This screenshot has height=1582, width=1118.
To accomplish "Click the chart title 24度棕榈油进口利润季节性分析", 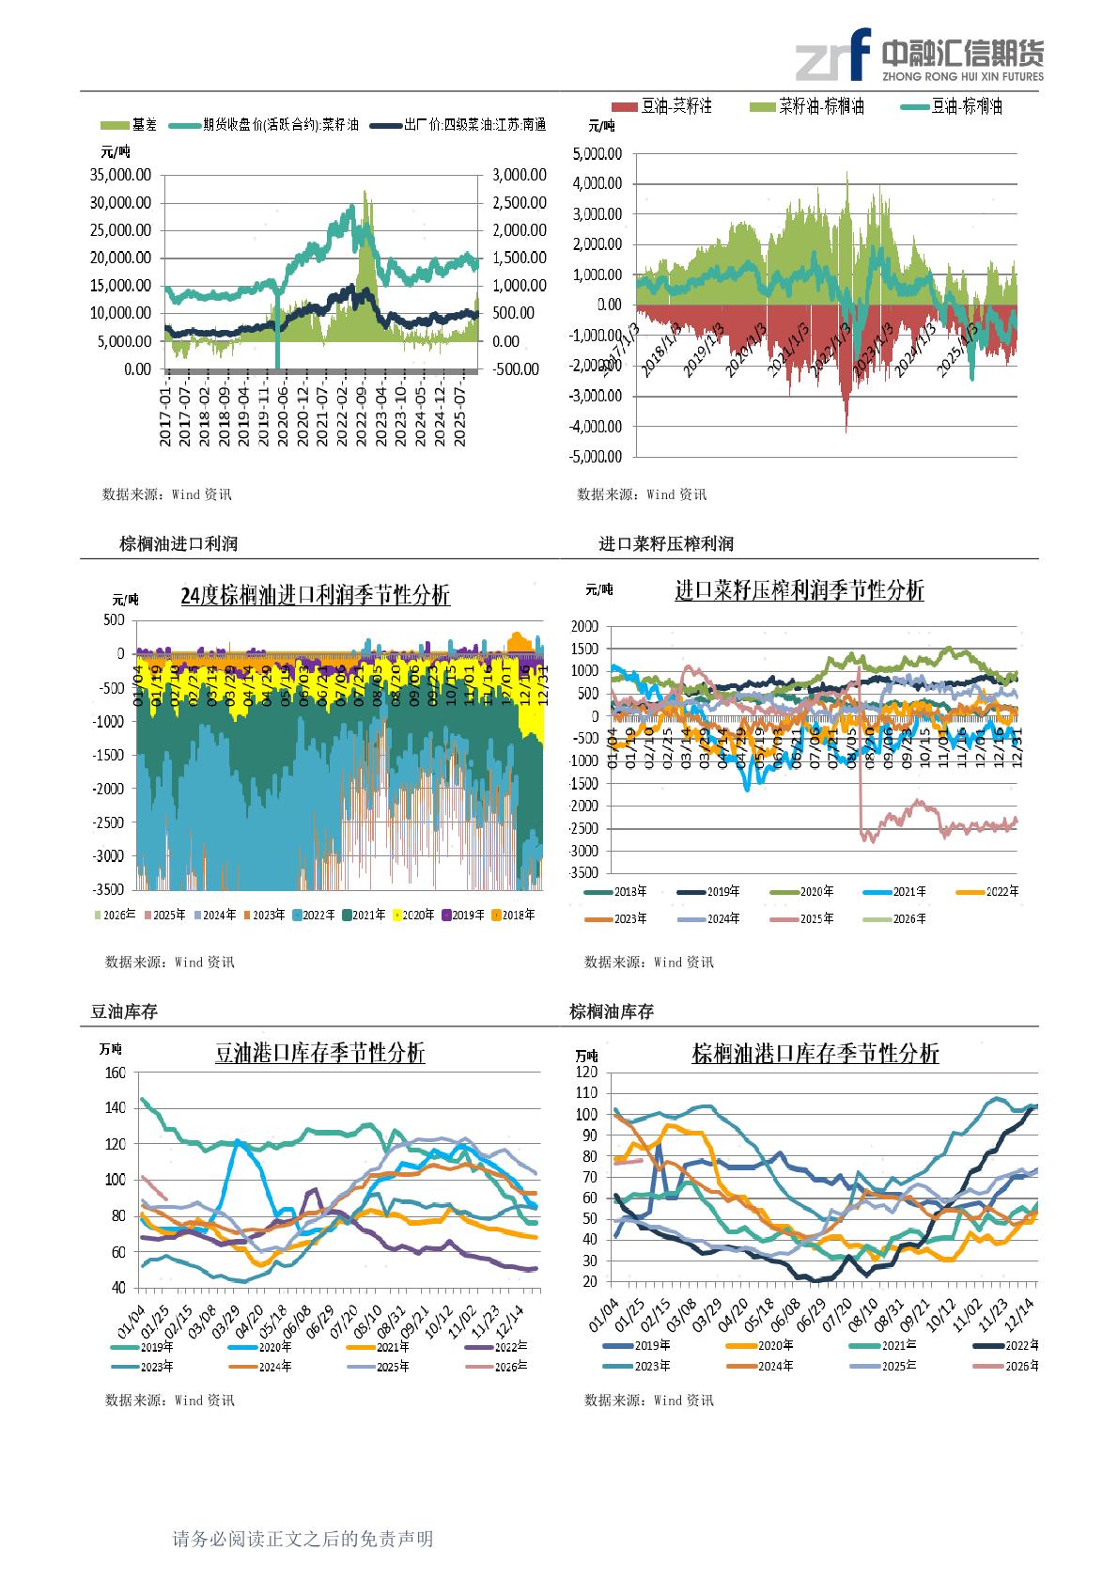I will pos(315,595).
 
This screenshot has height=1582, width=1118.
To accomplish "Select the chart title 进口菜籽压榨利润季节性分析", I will pos(799,590).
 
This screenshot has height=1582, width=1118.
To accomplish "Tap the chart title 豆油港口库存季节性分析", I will pos(320,1054).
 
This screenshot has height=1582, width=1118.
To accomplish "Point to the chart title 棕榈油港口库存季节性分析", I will pos(815,1054).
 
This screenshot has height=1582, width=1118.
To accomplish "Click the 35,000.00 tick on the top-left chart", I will pos(120,174).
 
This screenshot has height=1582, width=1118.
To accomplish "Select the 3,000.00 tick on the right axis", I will pos(518,174).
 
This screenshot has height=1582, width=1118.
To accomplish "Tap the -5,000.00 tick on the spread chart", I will pos(595,457).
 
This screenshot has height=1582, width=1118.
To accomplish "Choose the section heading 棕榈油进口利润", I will pos(179,543).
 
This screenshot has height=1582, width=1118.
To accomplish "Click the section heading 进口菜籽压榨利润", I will pos(666,543).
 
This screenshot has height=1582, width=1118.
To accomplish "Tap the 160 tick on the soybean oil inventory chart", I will pos(115,1073).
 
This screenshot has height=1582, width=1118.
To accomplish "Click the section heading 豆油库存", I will pos(124,1011).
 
